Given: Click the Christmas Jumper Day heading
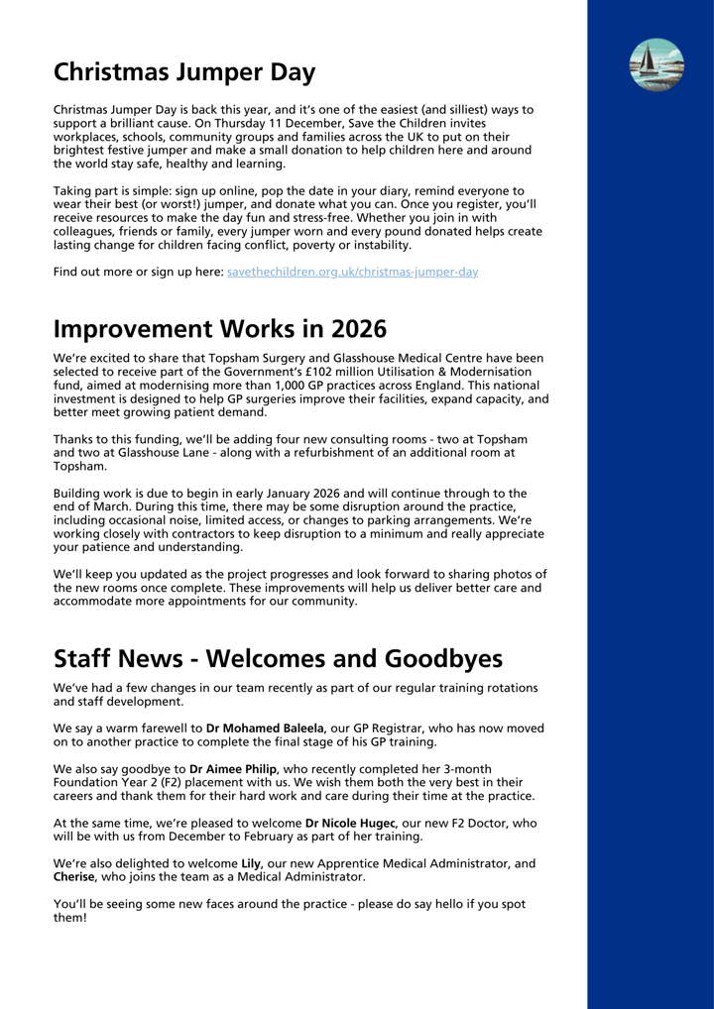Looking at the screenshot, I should coord(184,72).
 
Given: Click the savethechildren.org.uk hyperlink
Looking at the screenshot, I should coord(352,272).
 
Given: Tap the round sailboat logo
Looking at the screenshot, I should coord(656,65).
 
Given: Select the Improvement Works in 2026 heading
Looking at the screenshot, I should coord(219,329).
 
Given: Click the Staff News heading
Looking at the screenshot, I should coord(278,659).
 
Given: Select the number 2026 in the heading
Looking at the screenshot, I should coord(346,329).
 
